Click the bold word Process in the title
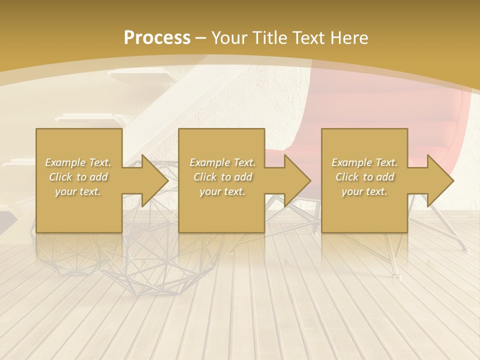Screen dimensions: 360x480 [x=157, y=37]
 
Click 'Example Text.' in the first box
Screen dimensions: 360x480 [x=78, y=162]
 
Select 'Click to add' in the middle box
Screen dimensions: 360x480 [x=222, y=177]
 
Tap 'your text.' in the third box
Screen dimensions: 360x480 [x=364, y=191]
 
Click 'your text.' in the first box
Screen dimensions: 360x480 [x=78, y=191]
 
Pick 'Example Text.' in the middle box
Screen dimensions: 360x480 [x=222, y=162]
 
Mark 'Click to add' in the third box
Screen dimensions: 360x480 [x=364, y=177]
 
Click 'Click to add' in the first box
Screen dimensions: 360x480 [x=78, y=177]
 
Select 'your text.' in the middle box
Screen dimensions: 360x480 [x=222, y=191]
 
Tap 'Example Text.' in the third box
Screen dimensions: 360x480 [x=364, y=162]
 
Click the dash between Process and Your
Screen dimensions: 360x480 [x=201, y=38]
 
